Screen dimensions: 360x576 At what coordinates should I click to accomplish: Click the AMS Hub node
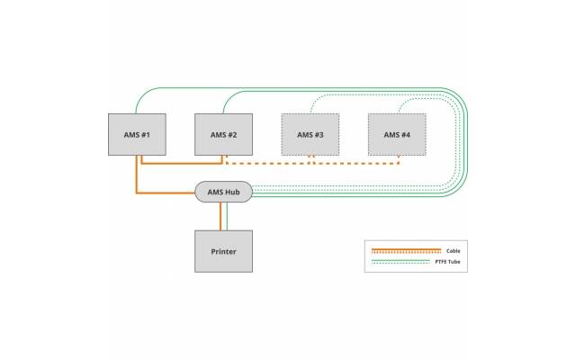(223, 192)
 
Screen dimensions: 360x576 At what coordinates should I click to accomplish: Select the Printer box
(223, 250)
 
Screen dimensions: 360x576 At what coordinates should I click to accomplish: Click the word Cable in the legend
(454, 249)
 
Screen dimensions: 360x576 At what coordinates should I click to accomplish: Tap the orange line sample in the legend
(405, 249)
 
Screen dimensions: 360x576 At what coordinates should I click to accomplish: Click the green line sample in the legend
(405, 262)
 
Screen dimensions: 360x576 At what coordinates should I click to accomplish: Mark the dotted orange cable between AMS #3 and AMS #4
(355, 164)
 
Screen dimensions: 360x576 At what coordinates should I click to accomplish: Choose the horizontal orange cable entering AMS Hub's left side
(166, 191)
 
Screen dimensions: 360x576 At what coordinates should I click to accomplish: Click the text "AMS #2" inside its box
(223, 135)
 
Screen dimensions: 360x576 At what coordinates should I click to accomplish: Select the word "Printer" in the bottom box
(223, 251)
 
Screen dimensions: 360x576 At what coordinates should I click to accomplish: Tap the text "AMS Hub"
(223, 192)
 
